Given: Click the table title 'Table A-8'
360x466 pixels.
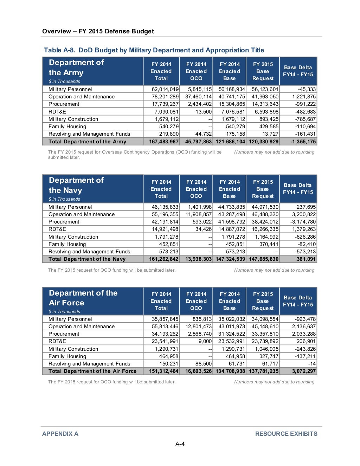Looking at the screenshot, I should pyautogui.click(x=59, y=50).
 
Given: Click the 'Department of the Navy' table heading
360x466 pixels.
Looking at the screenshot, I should pyautogui.click(x=76, y=185).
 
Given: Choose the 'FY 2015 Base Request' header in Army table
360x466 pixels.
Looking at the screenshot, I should pyautogui.click(x=263, y=71).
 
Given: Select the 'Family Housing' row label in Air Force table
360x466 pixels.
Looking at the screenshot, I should pyautogui.click(x=67, y=356).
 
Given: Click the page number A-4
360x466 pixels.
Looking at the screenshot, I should pyautogui.click(x=180, y=444).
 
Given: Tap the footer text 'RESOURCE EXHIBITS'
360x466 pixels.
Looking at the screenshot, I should pyautogui.click(x=286, y=434).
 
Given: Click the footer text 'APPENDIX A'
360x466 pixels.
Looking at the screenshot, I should pyautogui.click(x=60, y=434).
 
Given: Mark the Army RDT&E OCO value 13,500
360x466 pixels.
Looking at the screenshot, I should pyautogui.click(x=204, y=112).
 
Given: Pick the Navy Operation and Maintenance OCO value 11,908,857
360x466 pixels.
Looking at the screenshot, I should pyautogui.click(x=198, y=214).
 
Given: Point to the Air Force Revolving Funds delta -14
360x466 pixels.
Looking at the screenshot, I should pyautogui.click(x=311, y=364).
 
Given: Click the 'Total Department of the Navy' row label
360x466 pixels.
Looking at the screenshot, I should pyautogui.click(x=87, y=259).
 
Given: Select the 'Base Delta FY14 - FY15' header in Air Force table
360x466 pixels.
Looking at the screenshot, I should pyautogui.click(x=298, y=301).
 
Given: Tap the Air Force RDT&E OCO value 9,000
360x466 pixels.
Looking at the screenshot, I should pyautogui.click(x=205, y=341).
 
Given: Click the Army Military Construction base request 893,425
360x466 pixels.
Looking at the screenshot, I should pyautogui.click(x=269, y=119).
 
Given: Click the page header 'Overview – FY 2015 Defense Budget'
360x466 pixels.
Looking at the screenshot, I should pyautogui.click(x=98, y=31).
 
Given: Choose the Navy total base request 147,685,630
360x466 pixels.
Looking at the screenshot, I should pyautogui.click(x=264, y=259).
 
